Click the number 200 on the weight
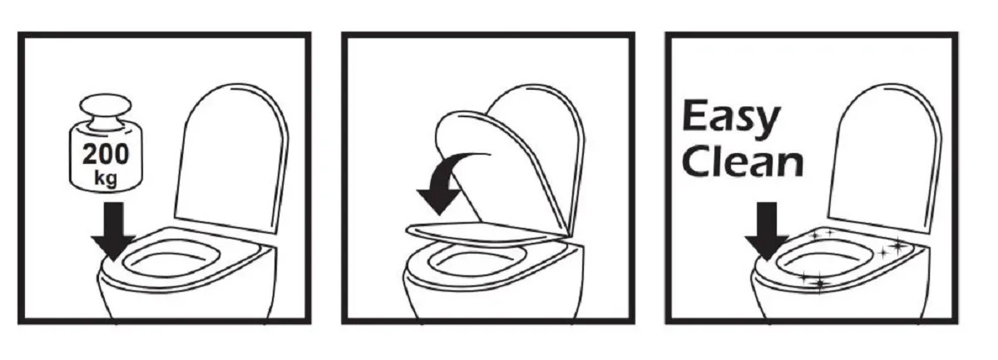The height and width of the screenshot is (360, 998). click(x=106, y=154)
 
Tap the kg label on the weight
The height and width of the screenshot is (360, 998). click(x=106, y=179)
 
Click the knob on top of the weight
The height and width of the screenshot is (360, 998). click(x=106, y=111)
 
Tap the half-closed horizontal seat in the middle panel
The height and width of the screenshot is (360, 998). click(x=487, y=233)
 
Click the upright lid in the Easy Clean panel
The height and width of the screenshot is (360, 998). click(x=884, y=158)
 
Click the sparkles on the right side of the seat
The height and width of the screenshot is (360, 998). click(x=893, y=248)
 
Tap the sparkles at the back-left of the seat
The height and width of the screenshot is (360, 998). click(x=823, y=234)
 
